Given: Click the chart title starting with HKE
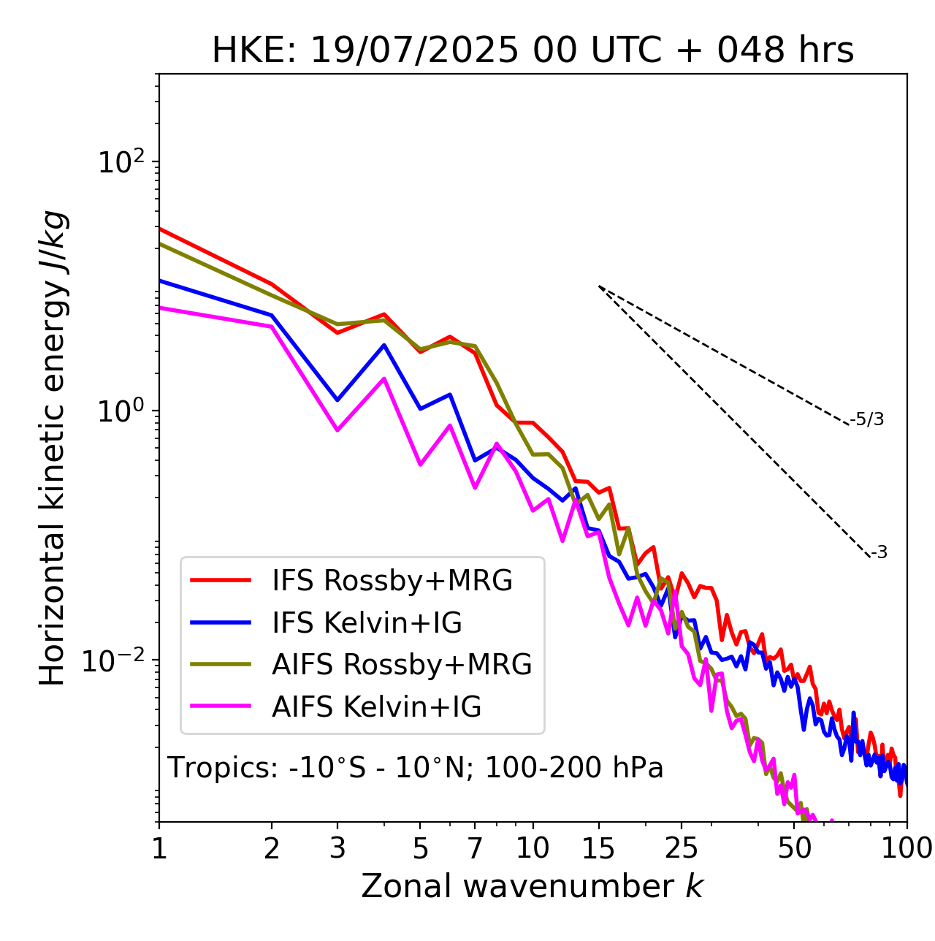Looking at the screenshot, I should point(533,51).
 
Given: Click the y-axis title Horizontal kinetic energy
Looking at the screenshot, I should point(53,448).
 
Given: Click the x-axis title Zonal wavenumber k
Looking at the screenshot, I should point(533,885).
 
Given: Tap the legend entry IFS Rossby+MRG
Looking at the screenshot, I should point(392,581).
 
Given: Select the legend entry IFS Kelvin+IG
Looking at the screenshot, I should point(367,623).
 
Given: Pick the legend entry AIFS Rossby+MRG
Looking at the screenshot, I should point(402,665).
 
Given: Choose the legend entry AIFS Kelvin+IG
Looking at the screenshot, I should point(376,707).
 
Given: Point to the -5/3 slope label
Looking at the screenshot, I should point(867,419).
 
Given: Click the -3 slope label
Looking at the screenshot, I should point(879,553).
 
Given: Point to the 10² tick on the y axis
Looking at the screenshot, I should point(121,161).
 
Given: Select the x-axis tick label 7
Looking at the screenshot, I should point(475,847).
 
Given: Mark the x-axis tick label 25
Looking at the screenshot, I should point(682,847).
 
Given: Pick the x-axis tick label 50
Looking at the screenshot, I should point(795,847).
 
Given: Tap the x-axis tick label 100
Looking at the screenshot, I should point(907,847).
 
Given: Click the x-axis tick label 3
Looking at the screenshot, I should point(337,847).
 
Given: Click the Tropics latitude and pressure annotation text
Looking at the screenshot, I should point(415,769).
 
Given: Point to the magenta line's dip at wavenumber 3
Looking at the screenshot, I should point(337,430).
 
